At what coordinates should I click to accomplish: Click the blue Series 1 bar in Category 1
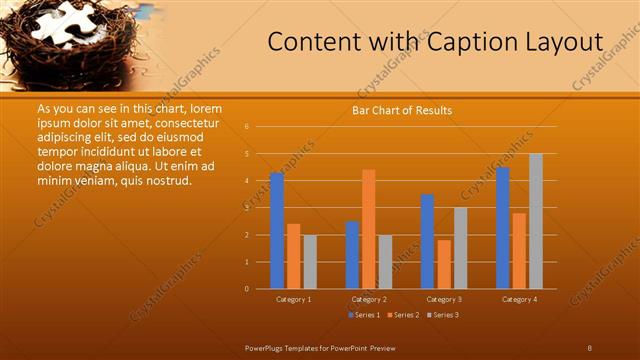tap(277, 231)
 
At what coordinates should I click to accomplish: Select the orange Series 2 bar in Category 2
tap(368, 229)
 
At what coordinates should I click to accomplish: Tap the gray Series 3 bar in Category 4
tap(535, 221)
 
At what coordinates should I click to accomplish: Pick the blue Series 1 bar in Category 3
tap(427, 241)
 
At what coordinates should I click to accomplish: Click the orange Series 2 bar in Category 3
tap(443, 264)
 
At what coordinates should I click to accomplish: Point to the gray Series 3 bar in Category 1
tap(309, 262)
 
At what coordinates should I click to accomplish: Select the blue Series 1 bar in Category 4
tap(502, 228)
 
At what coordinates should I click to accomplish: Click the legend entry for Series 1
tap(364, 315)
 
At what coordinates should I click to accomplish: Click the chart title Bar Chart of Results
tap(402, 110)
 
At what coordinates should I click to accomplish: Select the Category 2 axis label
tap(369, 299)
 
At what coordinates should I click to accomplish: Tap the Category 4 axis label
tap(519, 299)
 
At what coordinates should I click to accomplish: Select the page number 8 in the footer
tap(589, 347)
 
